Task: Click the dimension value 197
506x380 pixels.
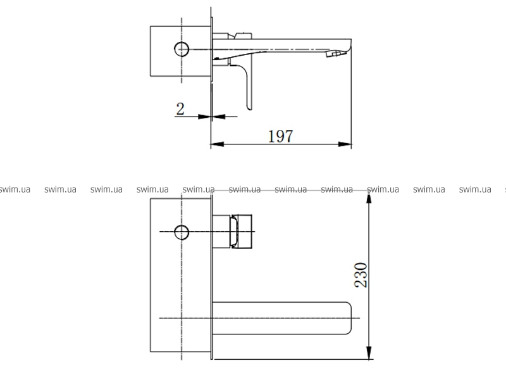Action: tap(281, 136)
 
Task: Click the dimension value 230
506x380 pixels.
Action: tap(361, 275)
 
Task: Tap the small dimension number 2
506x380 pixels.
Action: tap(180, 109)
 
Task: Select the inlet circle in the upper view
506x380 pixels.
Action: tap(182, 49)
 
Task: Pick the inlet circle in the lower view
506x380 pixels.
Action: tap(182, 232)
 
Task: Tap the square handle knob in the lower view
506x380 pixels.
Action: tap(241, 231)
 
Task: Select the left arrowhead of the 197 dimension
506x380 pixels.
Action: tap(217, 144)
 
